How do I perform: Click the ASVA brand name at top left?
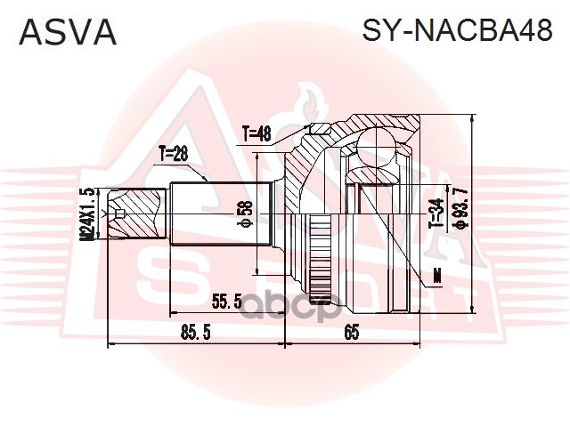click(68, 33)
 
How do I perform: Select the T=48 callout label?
click(256, 134)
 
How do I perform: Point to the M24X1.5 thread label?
click(87, 213)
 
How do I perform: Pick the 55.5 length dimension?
click(226, 302)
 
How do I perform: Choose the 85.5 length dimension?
click(194, 334)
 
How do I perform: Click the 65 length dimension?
click(353, 334)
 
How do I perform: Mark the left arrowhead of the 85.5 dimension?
click(110, 342)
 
